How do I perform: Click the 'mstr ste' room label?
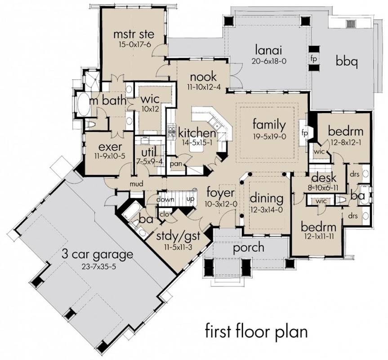134,34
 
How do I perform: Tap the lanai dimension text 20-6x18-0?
269,61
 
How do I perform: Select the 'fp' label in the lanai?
314,59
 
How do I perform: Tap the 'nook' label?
203,77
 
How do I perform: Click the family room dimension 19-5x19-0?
269,136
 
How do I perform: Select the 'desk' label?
324,177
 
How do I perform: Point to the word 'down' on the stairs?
165,199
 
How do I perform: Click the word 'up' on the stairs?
190,199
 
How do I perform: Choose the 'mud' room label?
137,184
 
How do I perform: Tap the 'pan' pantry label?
176,164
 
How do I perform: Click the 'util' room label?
149,152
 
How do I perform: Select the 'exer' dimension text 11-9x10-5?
110,156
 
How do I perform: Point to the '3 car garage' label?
97,255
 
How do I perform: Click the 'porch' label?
249,248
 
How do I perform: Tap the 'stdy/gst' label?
178,236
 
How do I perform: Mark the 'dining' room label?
267,198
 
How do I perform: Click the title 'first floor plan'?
256,332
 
